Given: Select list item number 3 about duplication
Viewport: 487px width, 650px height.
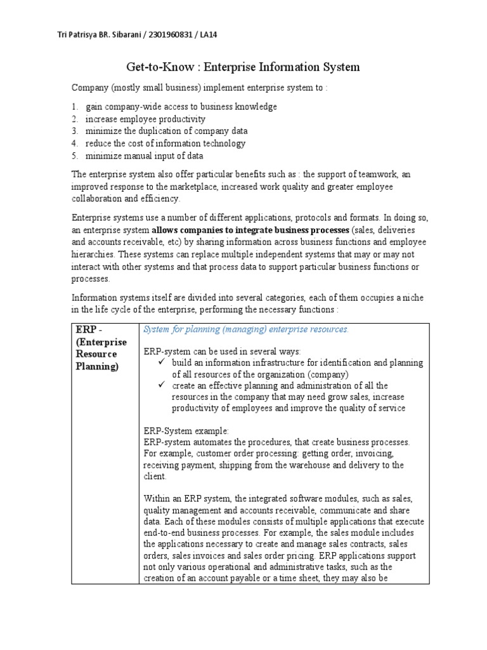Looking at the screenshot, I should [x=159, y=131].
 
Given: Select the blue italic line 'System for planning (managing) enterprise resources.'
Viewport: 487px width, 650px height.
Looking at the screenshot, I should [x=246, y=329].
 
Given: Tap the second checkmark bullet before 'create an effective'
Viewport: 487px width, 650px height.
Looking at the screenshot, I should [x=161, y=385].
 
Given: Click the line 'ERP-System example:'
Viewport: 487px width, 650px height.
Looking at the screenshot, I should [x=186, y=430].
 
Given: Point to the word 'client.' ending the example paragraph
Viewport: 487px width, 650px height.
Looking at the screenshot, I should [x=156, y=476].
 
